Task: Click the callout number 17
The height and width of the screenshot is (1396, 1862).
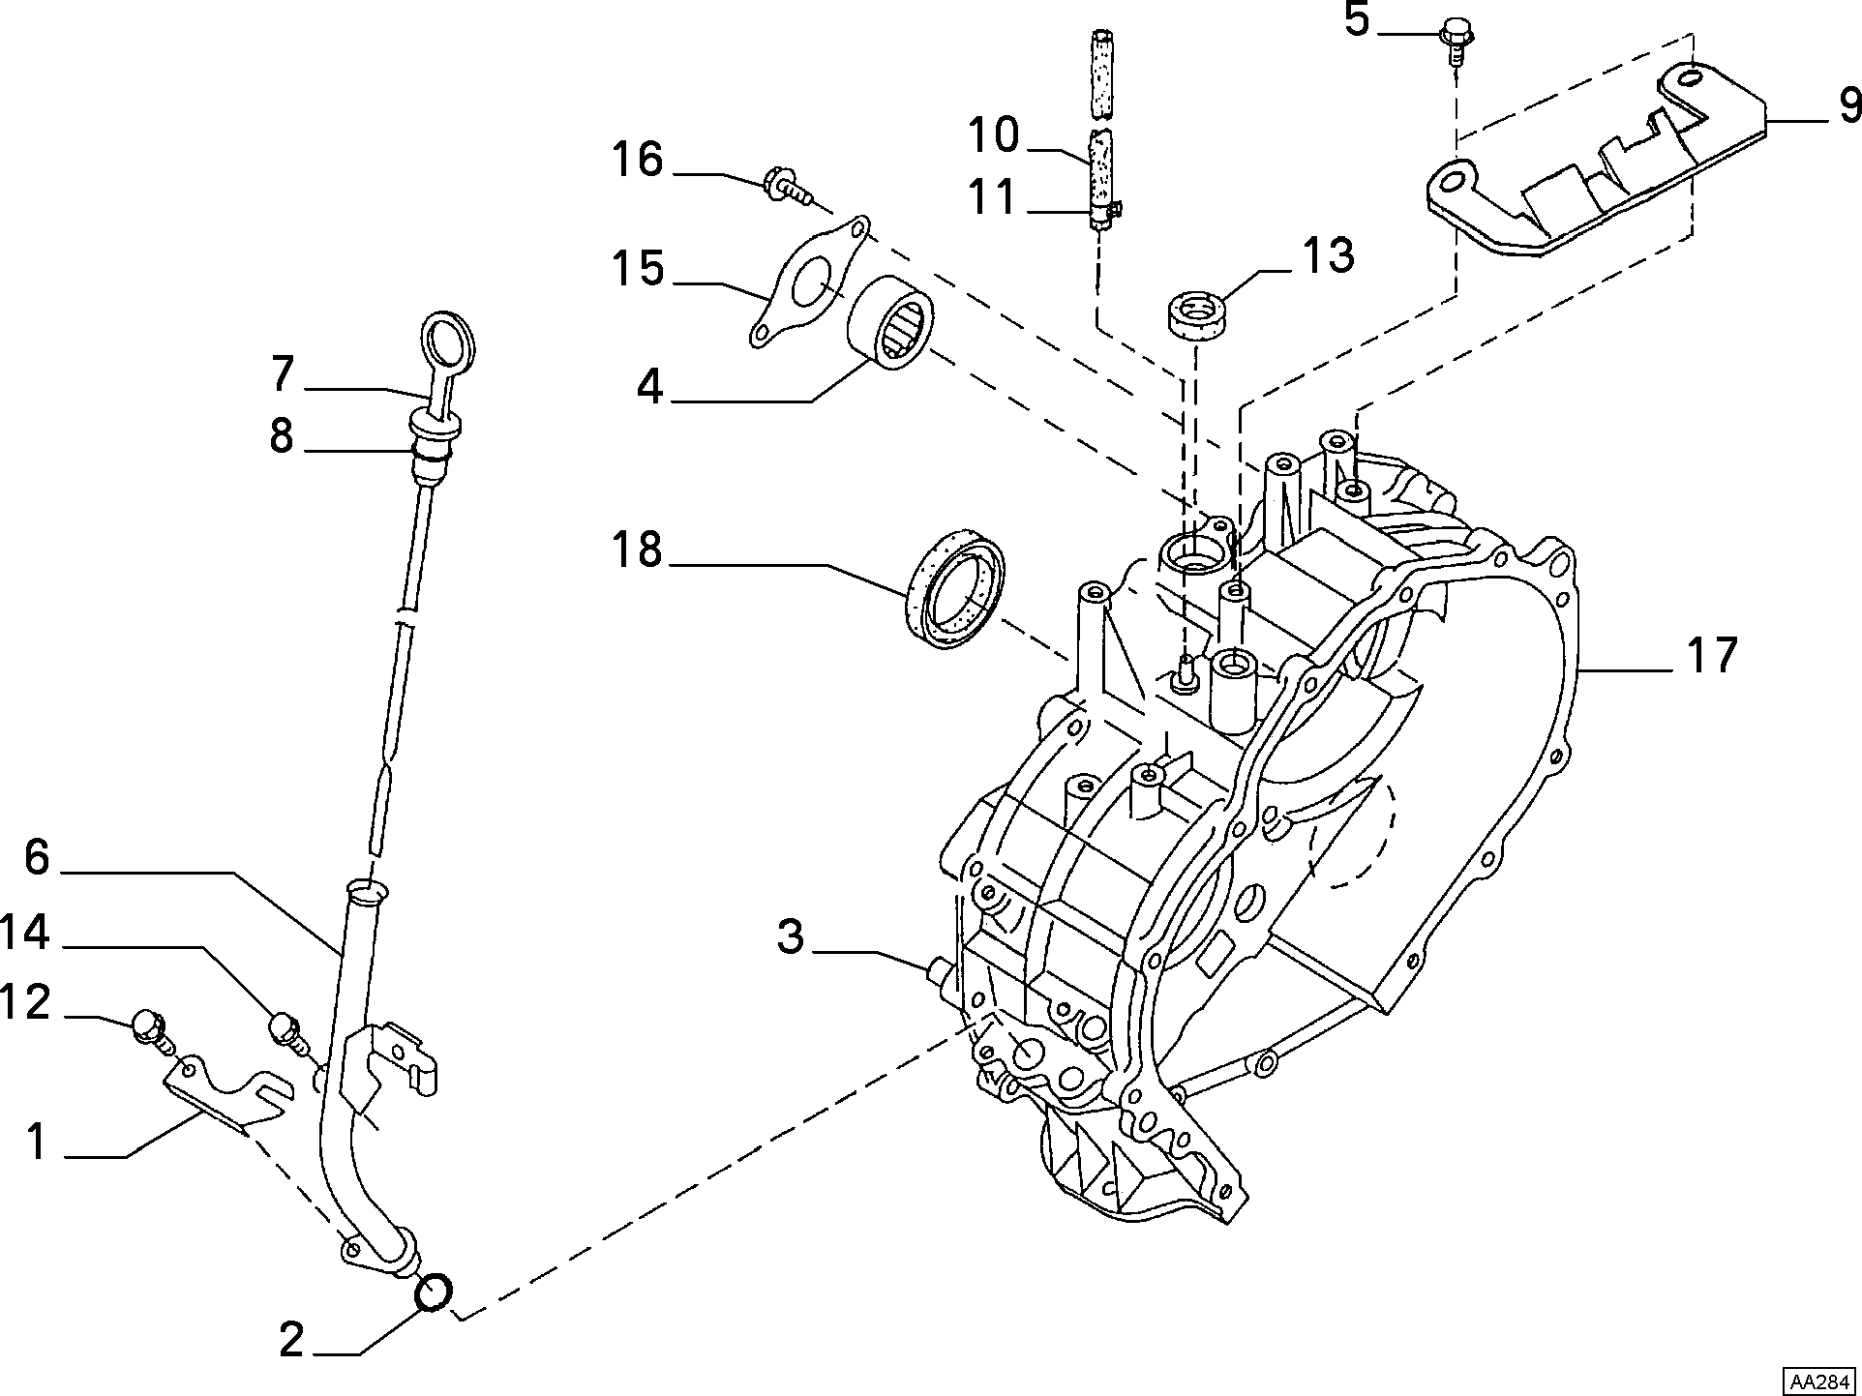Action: click(1712, 655)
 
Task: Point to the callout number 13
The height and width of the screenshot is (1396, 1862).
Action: click(1327, 254)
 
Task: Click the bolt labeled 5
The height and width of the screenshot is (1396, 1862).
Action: click(1456, 40)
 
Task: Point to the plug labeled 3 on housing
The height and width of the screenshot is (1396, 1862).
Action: click(941, 970)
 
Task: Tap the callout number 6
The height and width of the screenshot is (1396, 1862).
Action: click(37, 857)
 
